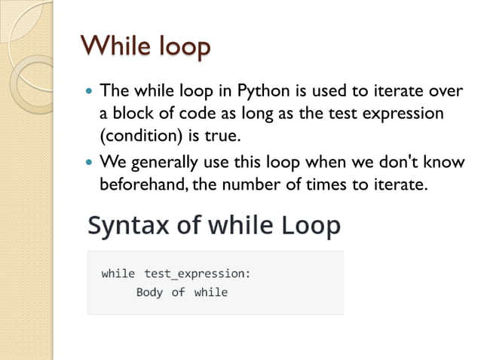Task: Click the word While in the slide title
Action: [x=110, y=47]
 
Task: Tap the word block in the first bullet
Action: [x=130, y=113]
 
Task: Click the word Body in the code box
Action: [x=149, y=292]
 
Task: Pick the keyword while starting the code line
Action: [x=118, y=273]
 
